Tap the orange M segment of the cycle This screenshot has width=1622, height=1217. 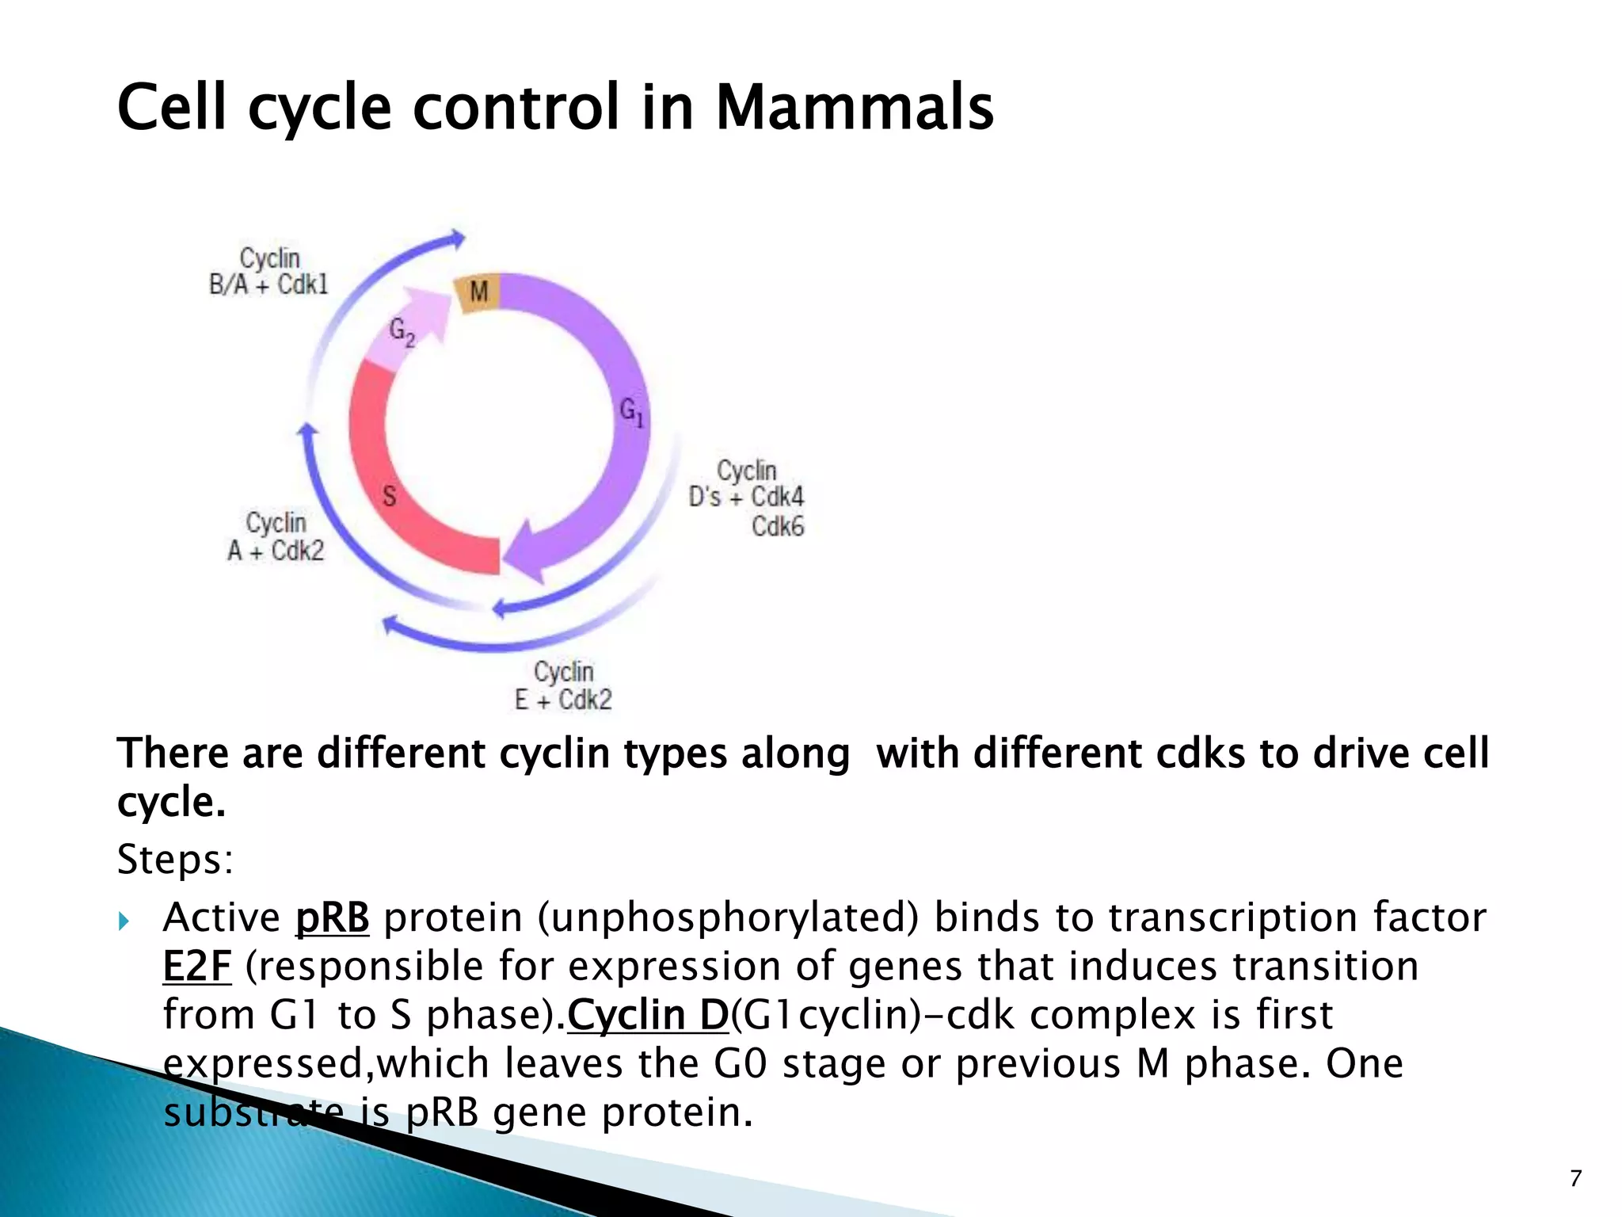pos(478,292)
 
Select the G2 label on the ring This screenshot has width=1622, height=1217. pos(402,331)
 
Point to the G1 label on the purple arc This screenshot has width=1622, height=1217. pos(631,411)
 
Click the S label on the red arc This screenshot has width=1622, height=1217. pos(389,497)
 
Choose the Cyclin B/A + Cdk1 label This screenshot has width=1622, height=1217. pos(268,271)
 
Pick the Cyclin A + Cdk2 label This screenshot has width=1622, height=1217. pos(276,536)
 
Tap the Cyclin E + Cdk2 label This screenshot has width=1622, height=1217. pos(563,686)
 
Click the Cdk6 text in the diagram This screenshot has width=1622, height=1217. pos(777,526)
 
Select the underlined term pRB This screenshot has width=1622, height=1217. pos(332,918)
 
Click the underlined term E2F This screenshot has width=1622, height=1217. pos(196,967)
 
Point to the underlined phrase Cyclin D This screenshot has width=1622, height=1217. pos(647,1015)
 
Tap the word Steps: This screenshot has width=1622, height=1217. pos(175,859)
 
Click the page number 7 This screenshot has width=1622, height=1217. pos(1575,1178)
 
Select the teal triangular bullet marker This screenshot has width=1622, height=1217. pos(124,921)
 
